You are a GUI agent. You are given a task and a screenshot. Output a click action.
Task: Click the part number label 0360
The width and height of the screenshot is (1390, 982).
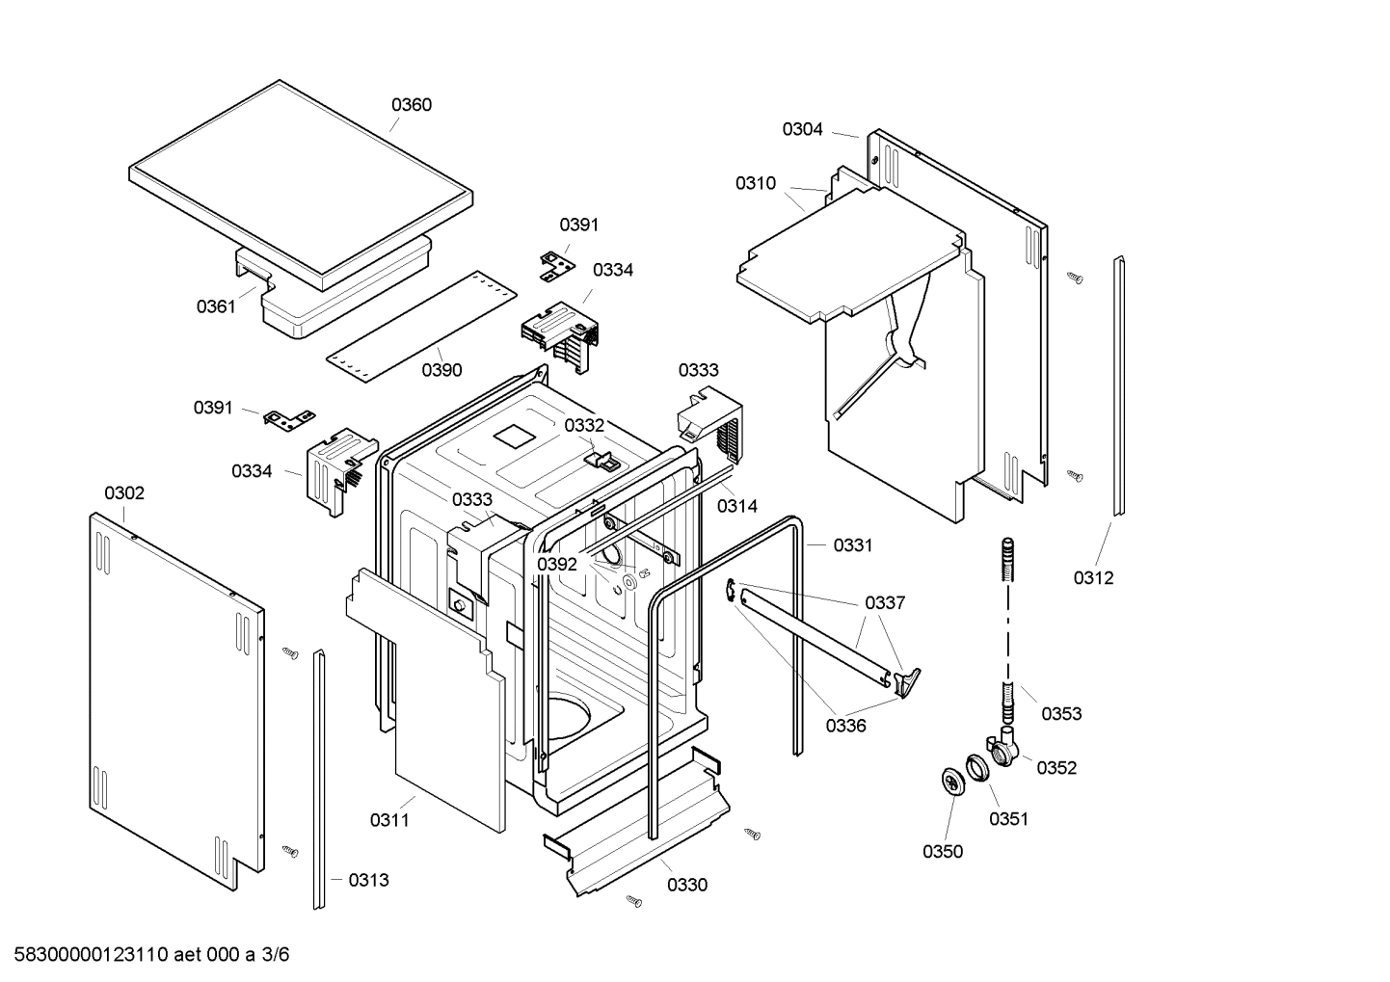(x=411, y=105)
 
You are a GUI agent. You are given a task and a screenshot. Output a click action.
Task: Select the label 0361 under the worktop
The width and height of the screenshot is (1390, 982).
(x=216, y=306)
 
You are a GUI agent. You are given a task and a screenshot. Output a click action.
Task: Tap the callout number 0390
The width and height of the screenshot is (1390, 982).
(x=441, y=370)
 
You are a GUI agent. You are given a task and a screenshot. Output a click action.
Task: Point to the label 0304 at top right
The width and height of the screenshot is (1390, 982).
(x=802, y=129)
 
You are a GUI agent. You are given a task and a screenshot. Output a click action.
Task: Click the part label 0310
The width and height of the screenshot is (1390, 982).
(x=755, y=183)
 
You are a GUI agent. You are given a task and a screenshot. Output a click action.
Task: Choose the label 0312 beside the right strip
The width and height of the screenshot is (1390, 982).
(x=1093, y=577)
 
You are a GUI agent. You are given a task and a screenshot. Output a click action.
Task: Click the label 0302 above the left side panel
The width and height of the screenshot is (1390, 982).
(x=124, y=493)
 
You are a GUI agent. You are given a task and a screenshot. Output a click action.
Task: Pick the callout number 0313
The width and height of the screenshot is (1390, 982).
(x=368, y=880)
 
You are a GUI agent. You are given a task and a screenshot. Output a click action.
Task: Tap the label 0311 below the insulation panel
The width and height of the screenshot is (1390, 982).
(x=389, y=820)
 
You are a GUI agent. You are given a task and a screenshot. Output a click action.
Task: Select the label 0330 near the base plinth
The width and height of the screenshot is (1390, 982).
(x=686, y=885)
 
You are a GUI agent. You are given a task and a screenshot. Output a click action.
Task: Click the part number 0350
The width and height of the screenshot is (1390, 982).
(x=943, y=851)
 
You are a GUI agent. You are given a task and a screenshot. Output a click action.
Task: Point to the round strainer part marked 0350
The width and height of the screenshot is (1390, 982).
(x=952, y=782)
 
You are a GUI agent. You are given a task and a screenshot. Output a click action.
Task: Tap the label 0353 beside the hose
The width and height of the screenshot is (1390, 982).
(x=1061, y=713)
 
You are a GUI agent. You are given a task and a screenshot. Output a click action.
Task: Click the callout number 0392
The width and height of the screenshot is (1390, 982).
(x=557, y=565)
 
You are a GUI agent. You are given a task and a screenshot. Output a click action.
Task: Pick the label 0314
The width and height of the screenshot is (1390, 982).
(x=737, y=505)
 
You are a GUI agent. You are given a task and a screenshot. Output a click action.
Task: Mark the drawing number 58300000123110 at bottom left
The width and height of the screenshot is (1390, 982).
(x=86, y=955)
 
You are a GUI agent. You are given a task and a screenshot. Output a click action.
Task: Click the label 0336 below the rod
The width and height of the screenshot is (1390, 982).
(x=845, y=726)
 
